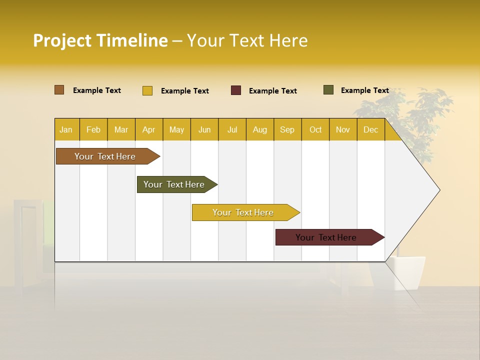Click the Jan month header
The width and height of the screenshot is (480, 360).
66,129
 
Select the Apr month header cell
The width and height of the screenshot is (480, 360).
149,129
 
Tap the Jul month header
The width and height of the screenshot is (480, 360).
232,129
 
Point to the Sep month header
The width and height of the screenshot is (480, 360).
287,129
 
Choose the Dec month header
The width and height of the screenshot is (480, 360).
370,129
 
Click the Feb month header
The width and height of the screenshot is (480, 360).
93,129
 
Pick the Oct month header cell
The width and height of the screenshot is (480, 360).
315,129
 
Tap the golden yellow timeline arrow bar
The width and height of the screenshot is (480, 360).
243,212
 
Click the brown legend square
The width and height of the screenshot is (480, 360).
59,90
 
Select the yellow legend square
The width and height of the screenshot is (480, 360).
147,90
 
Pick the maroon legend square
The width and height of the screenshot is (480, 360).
236,90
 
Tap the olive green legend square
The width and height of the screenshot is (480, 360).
328,90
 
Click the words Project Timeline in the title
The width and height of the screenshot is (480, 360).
100,40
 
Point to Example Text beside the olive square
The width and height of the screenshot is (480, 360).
364,90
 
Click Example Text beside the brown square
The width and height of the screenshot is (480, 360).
97,90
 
